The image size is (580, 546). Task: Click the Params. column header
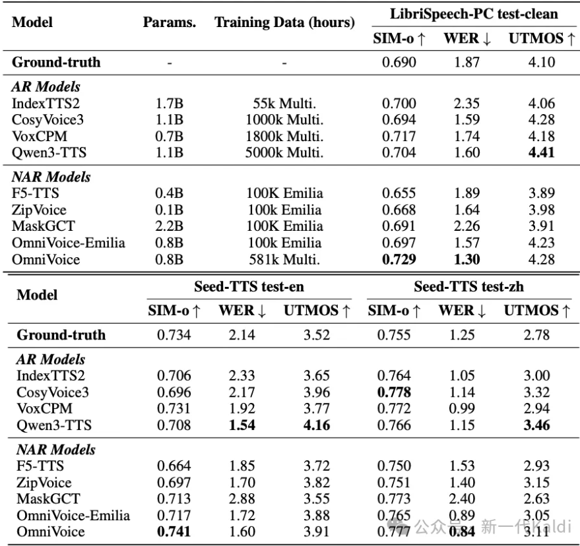170,22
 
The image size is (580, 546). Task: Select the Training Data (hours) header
284,22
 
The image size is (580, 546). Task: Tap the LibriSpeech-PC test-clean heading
472,13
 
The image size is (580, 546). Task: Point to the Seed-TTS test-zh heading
469,288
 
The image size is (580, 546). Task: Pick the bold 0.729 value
399,259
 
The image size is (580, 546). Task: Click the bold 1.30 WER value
467,259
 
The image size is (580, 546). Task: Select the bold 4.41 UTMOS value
540,153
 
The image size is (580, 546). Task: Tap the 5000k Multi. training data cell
284,153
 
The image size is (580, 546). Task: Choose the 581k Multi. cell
284,259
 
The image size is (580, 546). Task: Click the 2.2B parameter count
170,226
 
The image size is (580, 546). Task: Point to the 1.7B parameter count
170,104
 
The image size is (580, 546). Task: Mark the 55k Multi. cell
284,104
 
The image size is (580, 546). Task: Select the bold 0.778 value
394,392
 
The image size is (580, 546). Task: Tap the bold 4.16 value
317,425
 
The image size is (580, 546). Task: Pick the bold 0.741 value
174,531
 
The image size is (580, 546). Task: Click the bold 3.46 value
536,425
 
